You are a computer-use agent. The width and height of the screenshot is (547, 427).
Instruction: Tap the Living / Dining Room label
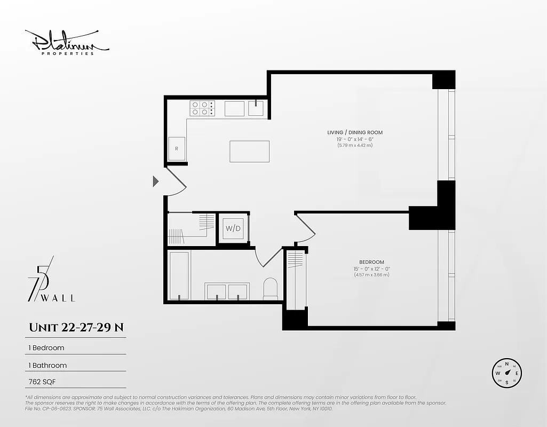tap(355, 132)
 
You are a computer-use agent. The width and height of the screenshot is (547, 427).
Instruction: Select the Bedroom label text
tap(371, 262)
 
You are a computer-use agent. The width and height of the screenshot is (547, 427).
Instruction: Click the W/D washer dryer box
tap(233, 229)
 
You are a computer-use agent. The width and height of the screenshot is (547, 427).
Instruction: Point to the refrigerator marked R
tap(177, 149)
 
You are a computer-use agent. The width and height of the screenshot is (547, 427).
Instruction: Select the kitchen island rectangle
tap(249, 151)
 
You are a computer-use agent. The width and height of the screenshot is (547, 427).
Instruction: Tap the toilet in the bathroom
tap(271, 289)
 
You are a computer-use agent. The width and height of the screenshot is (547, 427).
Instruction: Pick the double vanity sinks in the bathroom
tap(226, 291)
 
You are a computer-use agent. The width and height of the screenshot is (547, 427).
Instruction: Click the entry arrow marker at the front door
tap(156, 181)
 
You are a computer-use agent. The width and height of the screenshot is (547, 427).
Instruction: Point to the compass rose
tap(506, 373)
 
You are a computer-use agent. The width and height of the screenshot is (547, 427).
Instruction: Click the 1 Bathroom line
tap(47, 366)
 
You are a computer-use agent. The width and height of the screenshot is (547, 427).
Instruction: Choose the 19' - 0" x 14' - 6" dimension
tap(355, 139)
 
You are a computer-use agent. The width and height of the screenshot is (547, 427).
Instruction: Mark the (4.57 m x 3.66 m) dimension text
tap(371, 275)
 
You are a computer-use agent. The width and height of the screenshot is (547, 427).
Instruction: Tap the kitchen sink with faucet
tap(256, 108)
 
